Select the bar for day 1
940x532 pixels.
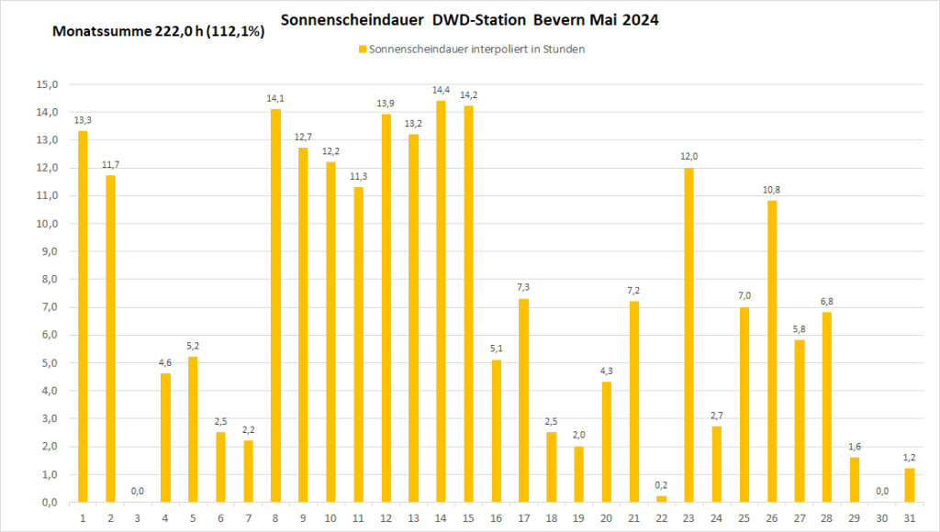click(x=83, y=316)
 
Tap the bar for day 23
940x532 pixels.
click(x=688, y=335)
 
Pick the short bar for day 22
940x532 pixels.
click(x=661, y=499)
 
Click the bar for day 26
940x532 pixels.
click(x=771, y=351)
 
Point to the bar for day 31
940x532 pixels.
click(x=909, y=485)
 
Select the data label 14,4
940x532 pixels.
click(x=441, y=89)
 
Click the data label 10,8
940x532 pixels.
click(x=771, y=189)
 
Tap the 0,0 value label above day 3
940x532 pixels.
click(x=138, y=491)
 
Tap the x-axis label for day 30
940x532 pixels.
click(x=881, y=518)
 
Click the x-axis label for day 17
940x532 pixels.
click(x=523, y=518)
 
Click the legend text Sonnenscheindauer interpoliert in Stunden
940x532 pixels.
click(x=476, y=50)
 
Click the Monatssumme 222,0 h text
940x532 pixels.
click(x=123, y=31)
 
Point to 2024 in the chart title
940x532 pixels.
click(x=639, y=19)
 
